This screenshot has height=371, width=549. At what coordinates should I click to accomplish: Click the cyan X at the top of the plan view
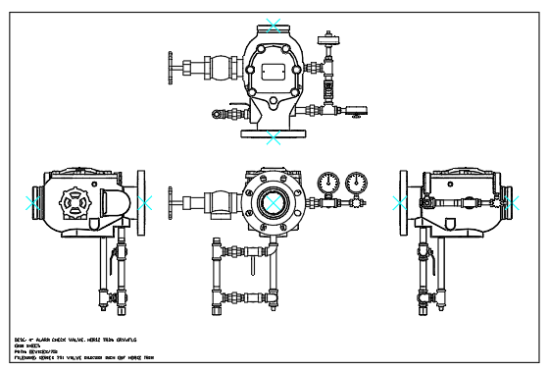[x=274, y=25]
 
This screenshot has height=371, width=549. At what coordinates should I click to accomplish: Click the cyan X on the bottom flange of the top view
[x=274, y=138]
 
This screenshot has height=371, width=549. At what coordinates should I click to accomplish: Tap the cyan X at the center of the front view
[x=274, y=203]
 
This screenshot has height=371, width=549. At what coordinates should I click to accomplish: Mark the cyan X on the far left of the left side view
[x=32, y=203]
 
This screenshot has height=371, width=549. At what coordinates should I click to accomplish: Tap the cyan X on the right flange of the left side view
[x=145, y=203]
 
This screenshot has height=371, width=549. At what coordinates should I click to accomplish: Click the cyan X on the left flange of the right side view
[x=400, y=203]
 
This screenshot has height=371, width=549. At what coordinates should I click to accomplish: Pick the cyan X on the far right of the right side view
[x=510, y=203]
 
